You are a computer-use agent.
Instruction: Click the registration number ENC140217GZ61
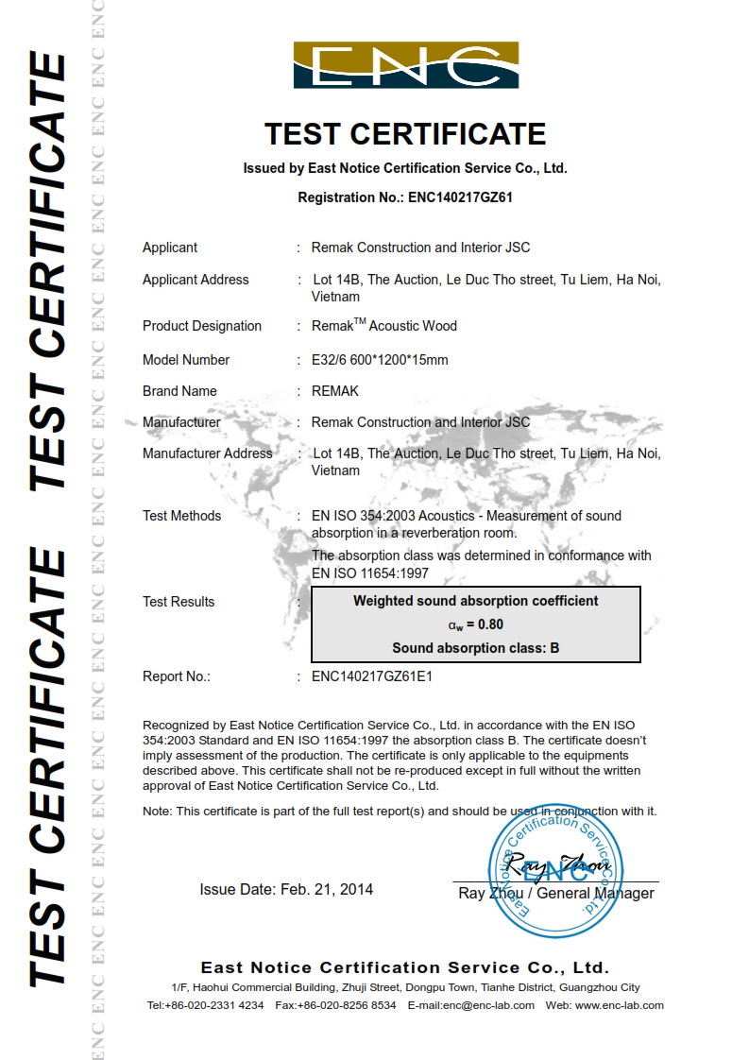click(460, 197)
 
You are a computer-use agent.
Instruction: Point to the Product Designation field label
click(202, 326)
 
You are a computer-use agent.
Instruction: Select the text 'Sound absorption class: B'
click(476, 648)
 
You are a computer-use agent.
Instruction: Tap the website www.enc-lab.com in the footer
click(619, 1005)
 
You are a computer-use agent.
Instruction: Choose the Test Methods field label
click(182, 516)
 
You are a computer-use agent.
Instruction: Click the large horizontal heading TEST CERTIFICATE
click(405, 134)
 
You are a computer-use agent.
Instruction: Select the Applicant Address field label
click(196, 280)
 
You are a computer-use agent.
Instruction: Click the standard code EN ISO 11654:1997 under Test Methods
click(371, 573)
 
